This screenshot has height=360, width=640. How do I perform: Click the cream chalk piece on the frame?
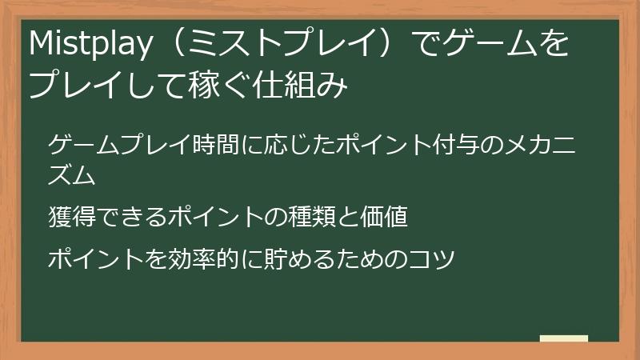[563, 339]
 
